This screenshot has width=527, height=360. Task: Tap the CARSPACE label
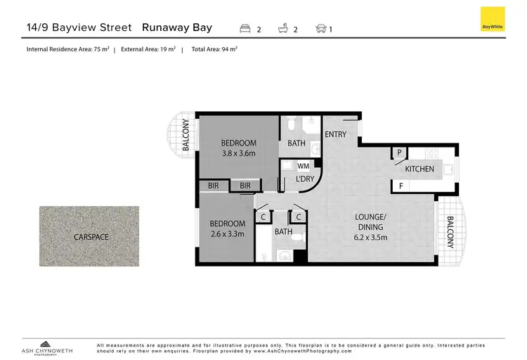(91, 237)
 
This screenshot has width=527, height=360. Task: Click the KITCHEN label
(419, 169)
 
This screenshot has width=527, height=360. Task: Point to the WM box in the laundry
(304, 166)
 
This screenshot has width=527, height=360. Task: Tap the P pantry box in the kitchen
(399, 153)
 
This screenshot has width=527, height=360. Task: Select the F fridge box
(401, 186)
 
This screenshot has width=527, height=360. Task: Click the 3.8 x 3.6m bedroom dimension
(239, 153)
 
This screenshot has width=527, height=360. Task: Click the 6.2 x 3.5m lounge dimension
(370, 238)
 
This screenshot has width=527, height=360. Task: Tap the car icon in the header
(321, 29)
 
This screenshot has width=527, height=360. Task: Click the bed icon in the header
(245, 29)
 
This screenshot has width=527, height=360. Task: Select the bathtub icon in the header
(284, 29)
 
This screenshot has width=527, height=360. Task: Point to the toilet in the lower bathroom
(298, 239)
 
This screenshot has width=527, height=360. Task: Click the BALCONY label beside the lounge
(449, 233)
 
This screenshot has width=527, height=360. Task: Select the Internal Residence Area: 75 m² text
(66, 50)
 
